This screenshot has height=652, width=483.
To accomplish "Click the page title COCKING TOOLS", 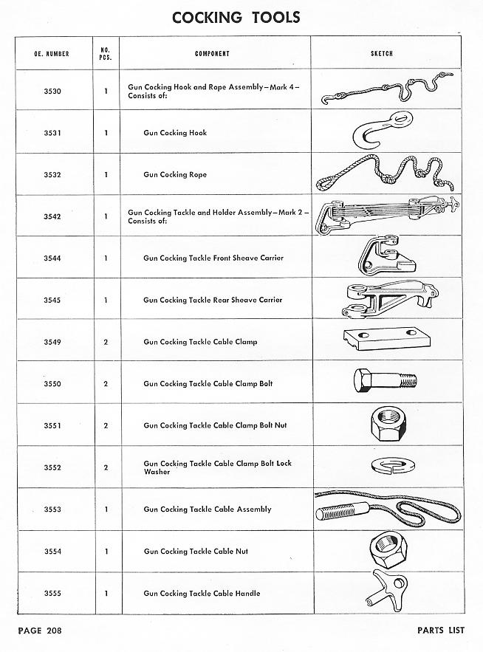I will coord(236,18).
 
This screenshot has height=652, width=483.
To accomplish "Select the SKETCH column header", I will coord(381,54).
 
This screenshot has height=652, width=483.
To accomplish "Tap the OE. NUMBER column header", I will coord(52,54).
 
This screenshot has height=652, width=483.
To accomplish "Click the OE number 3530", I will coord(52,91).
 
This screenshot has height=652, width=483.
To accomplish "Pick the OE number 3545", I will coord(52,300).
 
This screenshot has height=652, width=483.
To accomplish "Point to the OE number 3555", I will coord(52,593).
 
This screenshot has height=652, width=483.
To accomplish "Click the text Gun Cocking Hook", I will coord(175,133).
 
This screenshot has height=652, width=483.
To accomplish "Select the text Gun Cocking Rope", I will coord(175,175).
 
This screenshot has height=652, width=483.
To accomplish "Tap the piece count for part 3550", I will coord(106,384).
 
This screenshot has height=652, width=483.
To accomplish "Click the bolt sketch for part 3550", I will coord(385,381).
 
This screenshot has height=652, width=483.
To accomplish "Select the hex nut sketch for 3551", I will coord(383,424).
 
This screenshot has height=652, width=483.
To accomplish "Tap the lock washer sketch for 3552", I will coord(385,465).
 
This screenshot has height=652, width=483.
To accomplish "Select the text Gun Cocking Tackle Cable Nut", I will coord(196,552).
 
